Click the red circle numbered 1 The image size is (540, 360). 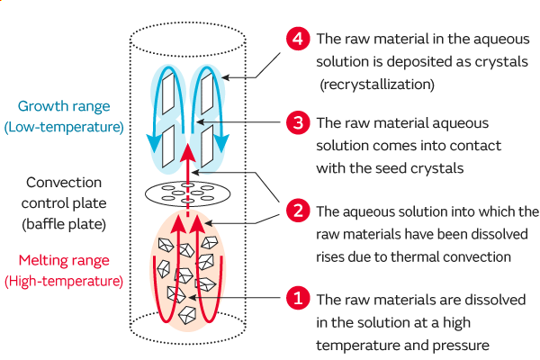click(x=297, y=298)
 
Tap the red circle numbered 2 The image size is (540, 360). click(x=297, y=212)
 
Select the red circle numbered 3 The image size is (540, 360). click(x=297, y=122)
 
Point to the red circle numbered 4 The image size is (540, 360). click(x=297, y=40)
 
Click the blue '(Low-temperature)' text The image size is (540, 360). click(x=64, y=126)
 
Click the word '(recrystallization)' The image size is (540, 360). click(x=377, y=85)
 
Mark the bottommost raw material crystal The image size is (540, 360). click(x=187, y=313)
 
